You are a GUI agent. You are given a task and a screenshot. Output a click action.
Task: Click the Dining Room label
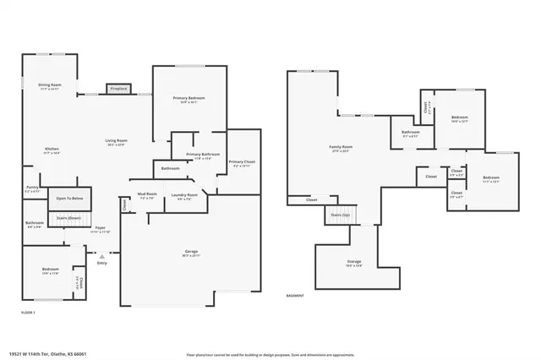tap(50, 85)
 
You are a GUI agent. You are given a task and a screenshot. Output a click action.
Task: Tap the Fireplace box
tap(117, 89)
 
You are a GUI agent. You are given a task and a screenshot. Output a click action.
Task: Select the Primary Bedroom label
tap(189, 99)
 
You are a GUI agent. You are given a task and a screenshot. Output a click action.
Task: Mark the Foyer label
tap(100, 228)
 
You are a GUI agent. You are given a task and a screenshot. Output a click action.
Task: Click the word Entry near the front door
tap(102, 263)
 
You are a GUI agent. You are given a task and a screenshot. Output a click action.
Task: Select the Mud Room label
tap(147, 195)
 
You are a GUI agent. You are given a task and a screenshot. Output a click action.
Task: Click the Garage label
tap(191, 252)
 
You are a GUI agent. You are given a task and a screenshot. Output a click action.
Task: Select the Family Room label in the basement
tap(341, 147)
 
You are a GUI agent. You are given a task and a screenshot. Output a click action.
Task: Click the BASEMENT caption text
tap(295, 296)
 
